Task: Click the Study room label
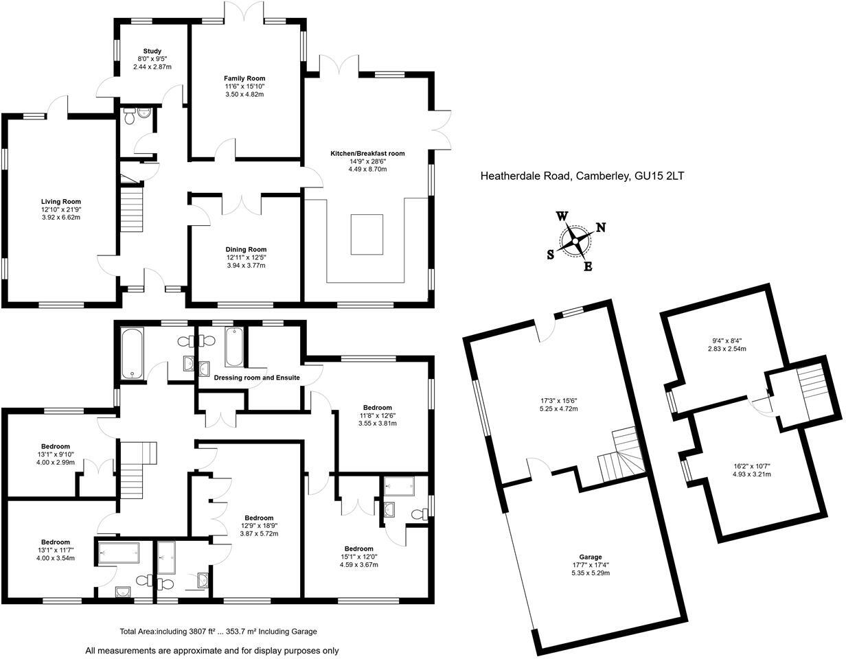(152, 51)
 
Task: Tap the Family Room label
(244, 78)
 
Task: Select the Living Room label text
(61, 202)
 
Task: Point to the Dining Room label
(246, 249)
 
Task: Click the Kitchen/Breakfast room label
(367, 154)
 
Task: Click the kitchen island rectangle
(367, 234)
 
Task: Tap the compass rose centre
(575, 240)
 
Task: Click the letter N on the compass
(600, 227)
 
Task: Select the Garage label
(590, 557)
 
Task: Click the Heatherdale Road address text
(582, 176)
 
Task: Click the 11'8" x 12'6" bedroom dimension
(378, 415)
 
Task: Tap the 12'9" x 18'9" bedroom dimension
(259, 526)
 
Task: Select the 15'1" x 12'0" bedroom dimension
(358, 557)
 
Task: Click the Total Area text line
(218, 632)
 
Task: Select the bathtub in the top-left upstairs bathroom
(133, 354)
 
